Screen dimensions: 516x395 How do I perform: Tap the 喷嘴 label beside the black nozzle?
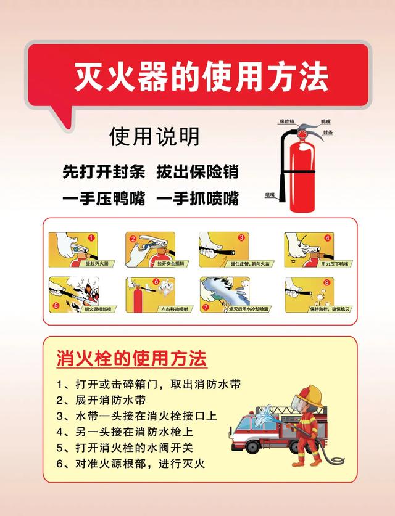point(270,195)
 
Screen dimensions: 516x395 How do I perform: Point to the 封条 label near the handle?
point(328,133)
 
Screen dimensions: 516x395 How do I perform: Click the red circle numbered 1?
point(91,237)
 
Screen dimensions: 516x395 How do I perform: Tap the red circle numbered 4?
point(328,237)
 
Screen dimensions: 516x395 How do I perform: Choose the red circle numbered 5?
point(56,305)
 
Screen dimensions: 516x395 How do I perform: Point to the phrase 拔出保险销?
point(197,171)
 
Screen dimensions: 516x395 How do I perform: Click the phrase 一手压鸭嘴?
point(104,199)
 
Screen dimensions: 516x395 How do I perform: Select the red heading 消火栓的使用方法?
point(131,358)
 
